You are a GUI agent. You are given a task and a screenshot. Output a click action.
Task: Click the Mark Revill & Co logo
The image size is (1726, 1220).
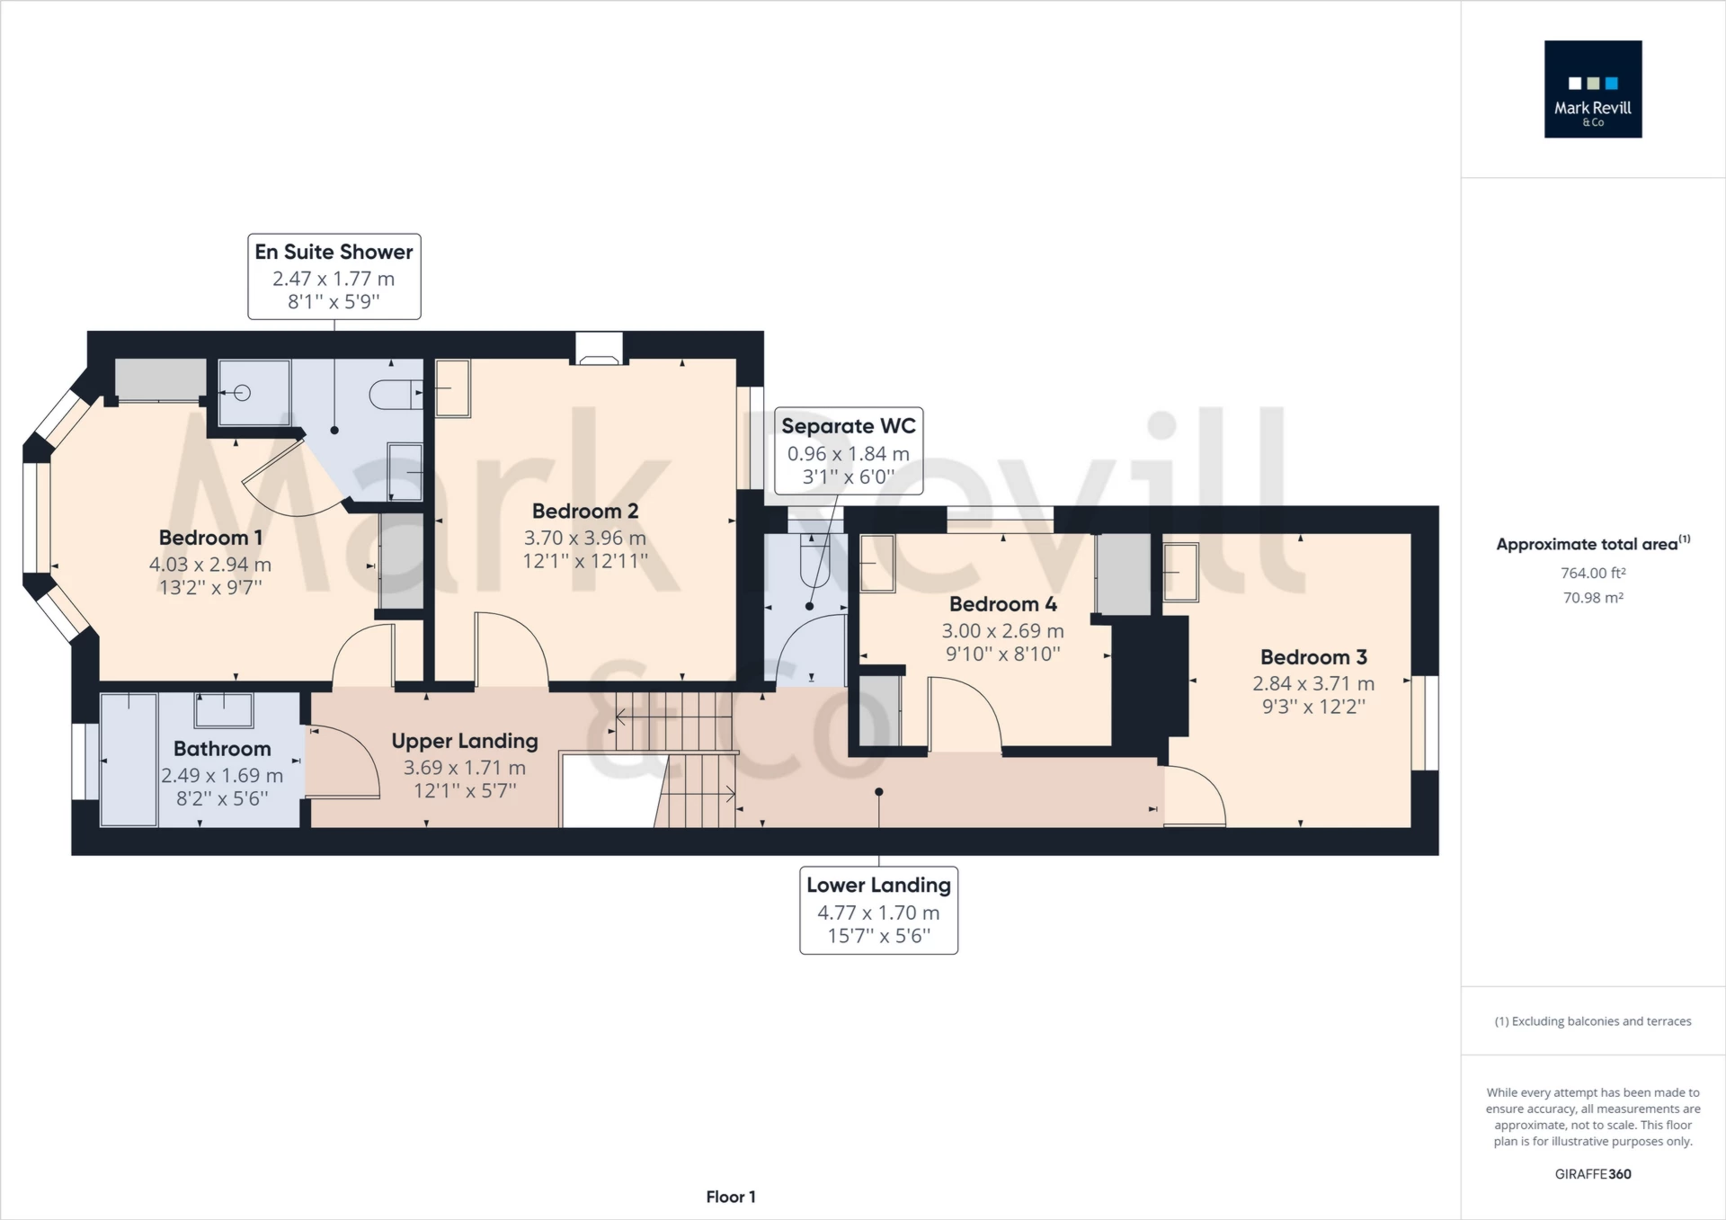1593,89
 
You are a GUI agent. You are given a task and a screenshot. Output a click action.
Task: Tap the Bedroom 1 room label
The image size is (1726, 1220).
210,538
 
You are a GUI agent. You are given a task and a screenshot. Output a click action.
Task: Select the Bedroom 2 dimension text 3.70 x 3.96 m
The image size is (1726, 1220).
585,538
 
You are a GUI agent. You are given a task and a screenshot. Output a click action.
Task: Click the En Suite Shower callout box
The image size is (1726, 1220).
334,277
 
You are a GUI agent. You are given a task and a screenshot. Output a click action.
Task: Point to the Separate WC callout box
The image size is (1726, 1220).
849,450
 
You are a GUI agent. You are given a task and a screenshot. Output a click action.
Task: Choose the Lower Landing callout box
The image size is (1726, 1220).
879,910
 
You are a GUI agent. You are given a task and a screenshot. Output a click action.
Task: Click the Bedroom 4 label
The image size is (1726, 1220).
1003,604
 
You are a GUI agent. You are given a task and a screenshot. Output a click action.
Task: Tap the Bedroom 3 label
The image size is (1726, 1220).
1313,657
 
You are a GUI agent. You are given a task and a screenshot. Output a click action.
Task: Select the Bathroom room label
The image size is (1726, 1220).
222,749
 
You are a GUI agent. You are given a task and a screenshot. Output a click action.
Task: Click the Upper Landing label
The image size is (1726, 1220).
465,742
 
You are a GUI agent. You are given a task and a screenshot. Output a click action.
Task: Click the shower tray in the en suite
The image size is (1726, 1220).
254,393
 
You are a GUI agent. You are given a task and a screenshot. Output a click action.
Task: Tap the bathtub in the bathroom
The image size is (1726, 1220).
129,759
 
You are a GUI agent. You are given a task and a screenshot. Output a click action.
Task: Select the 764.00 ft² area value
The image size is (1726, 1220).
1593,573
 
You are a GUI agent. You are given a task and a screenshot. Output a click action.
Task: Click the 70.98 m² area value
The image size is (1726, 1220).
1593,598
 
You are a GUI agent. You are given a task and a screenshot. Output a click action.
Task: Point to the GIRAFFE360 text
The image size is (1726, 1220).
1593,1174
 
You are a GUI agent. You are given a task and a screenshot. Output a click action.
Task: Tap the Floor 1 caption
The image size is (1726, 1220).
731,1197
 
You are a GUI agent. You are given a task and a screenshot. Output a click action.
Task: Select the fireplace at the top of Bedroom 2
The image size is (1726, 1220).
599,349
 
